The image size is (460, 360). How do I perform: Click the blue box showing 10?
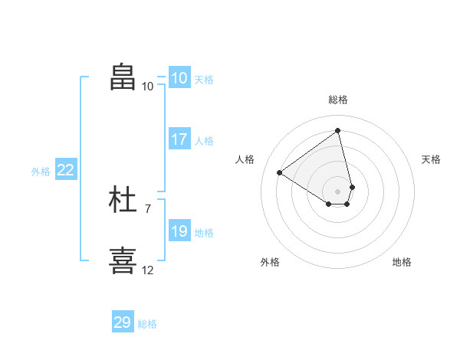179,78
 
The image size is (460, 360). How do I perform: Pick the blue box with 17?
179,139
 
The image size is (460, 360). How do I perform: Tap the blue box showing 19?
179,231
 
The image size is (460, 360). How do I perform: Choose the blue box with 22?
65,170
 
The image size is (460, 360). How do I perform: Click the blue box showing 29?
123,322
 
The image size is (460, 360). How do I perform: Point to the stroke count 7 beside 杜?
148,208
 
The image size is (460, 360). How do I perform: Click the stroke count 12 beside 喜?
148,270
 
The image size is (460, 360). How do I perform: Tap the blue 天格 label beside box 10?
204,80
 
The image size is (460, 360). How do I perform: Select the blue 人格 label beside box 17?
204,141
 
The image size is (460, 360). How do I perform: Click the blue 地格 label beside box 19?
204,233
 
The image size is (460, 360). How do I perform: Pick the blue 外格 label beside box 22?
41,172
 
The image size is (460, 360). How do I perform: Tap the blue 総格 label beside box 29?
147,324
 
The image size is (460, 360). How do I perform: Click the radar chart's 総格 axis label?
338,100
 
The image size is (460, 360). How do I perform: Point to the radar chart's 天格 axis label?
432,159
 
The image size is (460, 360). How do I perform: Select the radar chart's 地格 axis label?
402,262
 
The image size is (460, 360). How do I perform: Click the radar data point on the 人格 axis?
280,172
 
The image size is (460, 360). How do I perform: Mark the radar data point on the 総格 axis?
338,131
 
